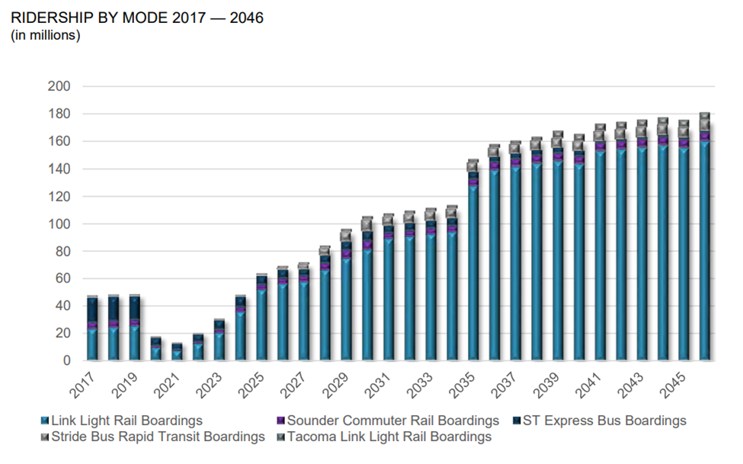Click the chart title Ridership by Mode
point(138,17)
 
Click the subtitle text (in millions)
point(46,35)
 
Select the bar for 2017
point(92,328)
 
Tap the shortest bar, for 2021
point(177,352)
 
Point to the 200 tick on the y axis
point(60,86)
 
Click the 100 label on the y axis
point(60,224)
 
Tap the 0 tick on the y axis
point(67,360)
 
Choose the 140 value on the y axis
point(60,169)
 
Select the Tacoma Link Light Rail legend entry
point(389,437)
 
